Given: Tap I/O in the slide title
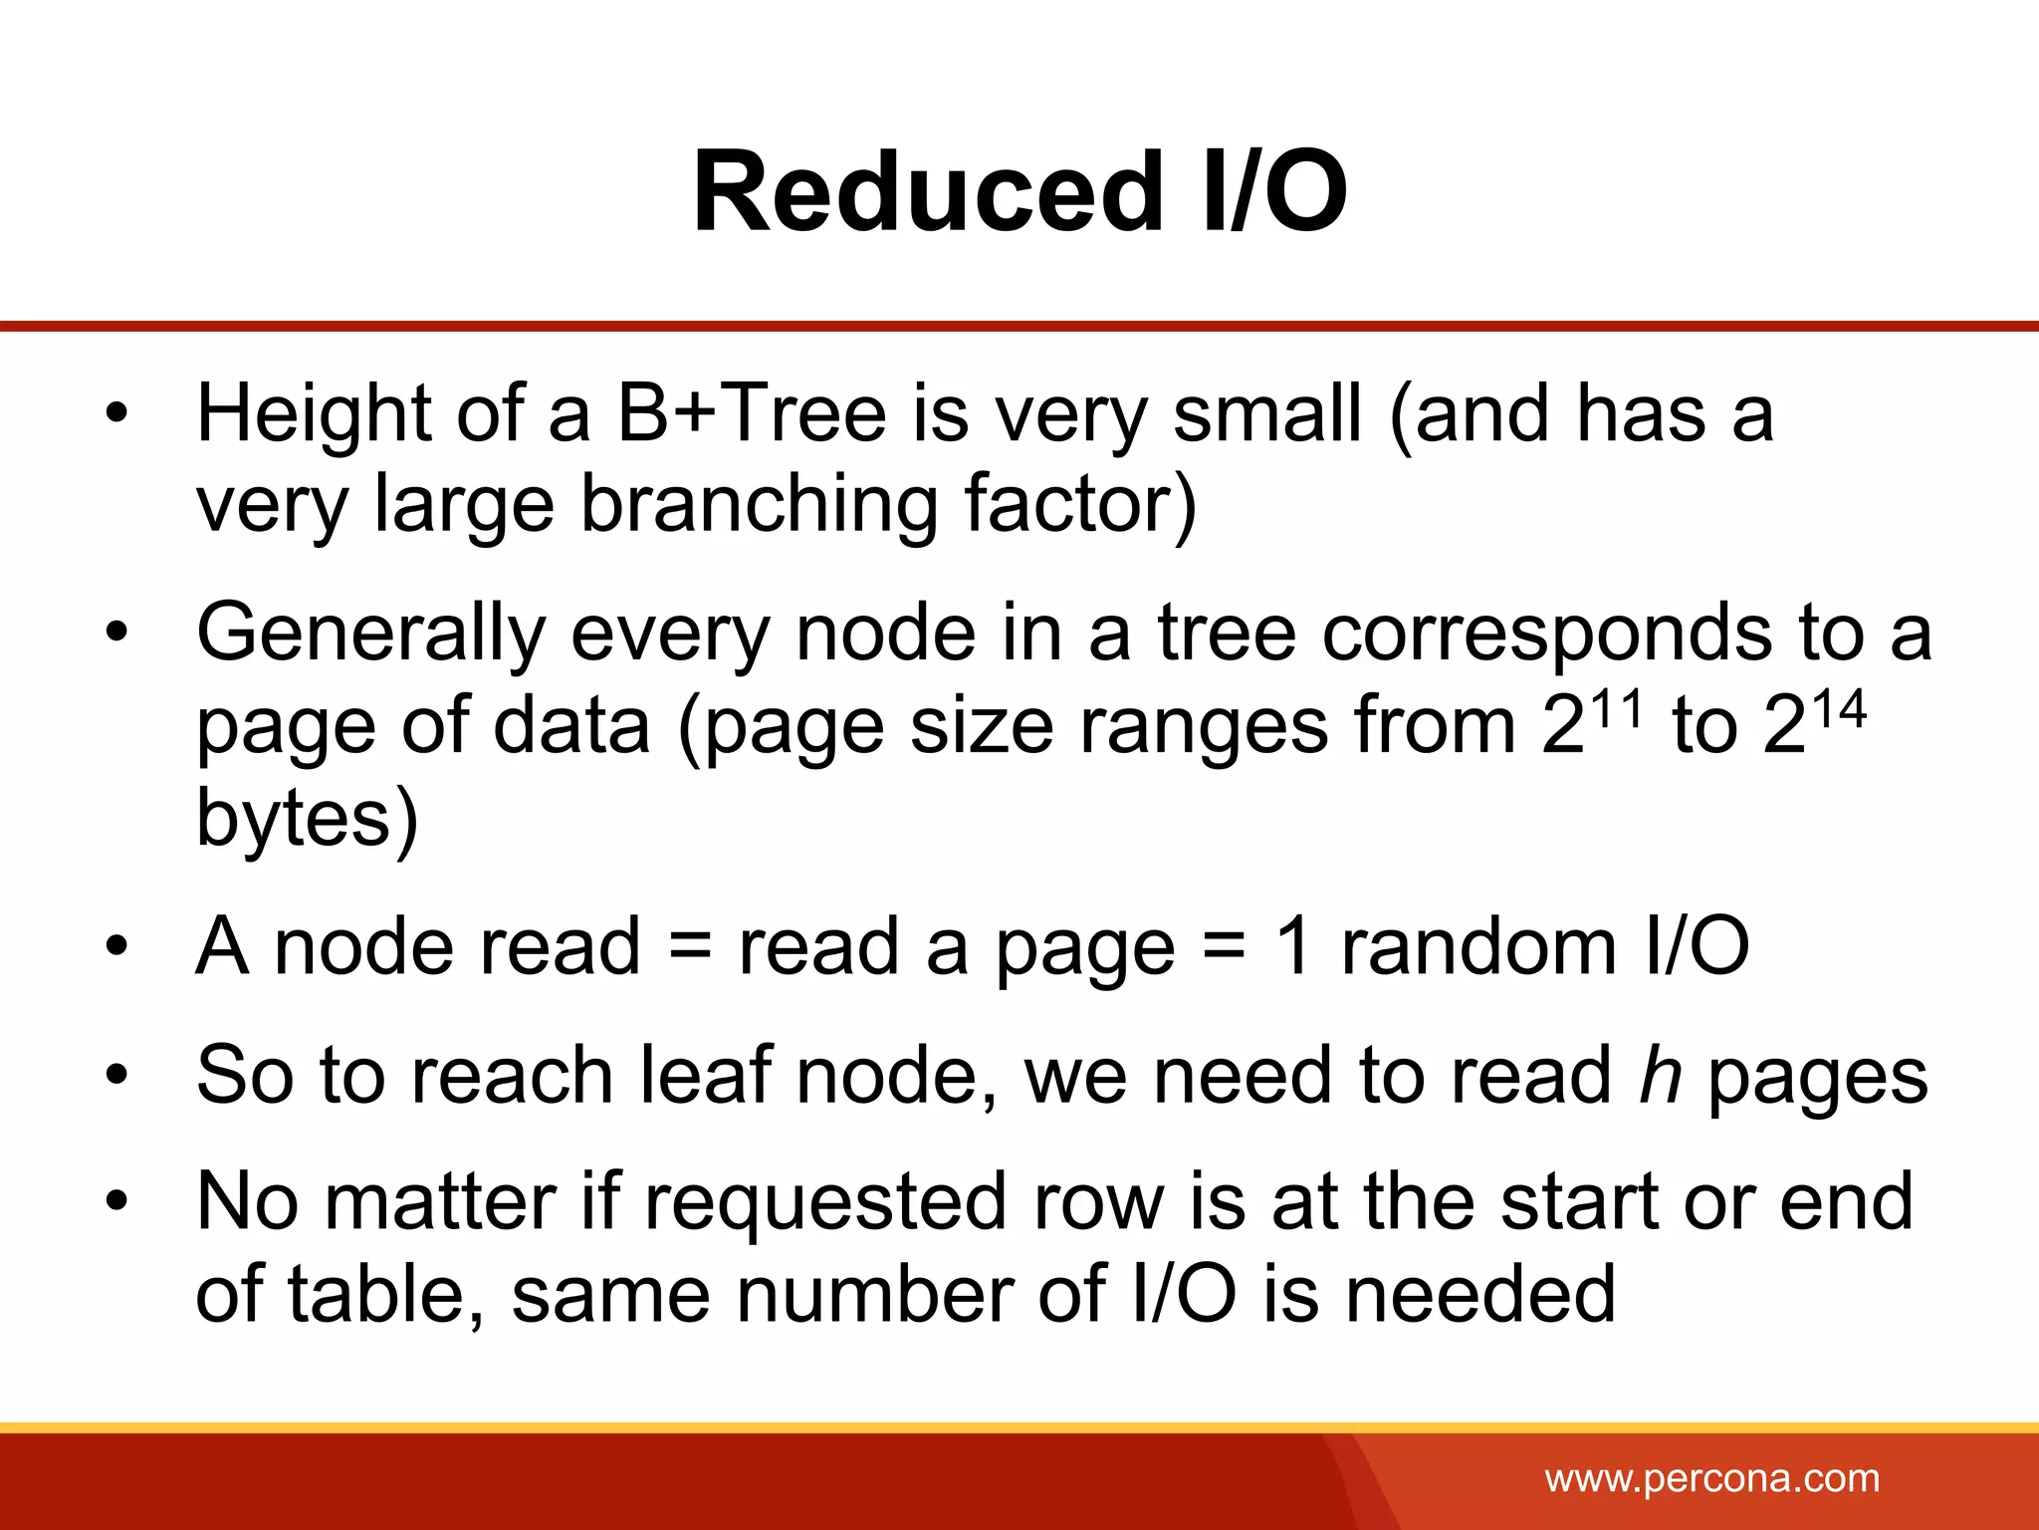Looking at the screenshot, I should pos(1273,191).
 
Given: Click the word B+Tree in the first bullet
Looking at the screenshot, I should pos(751,414).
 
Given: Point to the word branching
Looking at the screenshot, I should pos(759,505).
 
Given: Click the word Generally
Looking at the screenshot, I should pos(371,634).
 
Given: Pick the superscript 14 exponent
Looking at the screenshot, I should pos(1837,709).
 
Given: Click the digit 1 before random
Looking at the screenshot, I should pos(1293,946).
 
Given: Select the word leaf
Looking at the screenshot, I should pos(705,1076).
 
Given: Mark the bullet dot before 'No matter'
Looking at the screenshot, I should pos(117,1201).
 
